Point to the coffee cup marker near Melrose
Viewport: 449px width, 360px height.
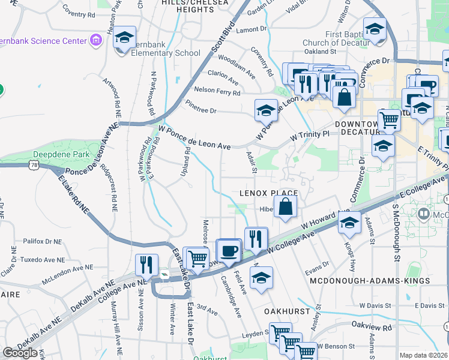pos(228,250)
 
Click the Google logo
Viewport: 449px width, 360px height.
pos(20,352)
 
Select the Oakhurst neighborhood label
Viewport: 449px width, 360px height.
pos(287,312)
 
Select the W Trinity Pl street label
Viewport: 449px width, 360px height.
pos(310,136)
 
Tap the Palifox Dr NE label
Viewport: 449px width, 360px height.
pos(42,241)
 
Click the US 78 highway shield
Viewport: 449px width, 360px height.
pos(35,165)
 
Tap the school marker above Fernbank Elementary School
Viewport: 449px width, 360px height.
pos(124,38)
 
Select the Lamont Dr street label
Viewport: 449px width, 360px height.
pos(251,28)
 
